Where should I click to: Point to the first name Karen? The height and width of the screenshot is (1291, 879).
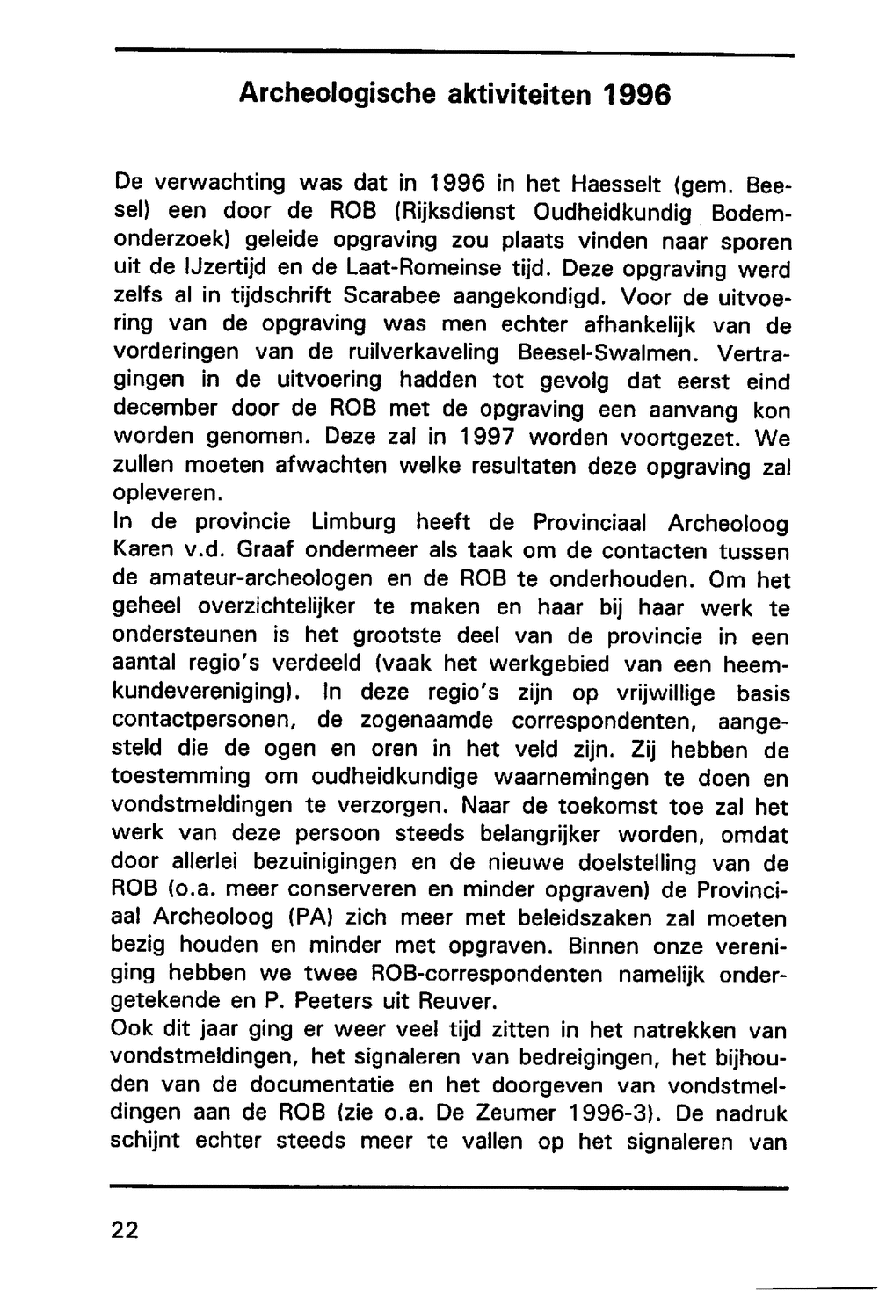[x=144, y=551]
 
